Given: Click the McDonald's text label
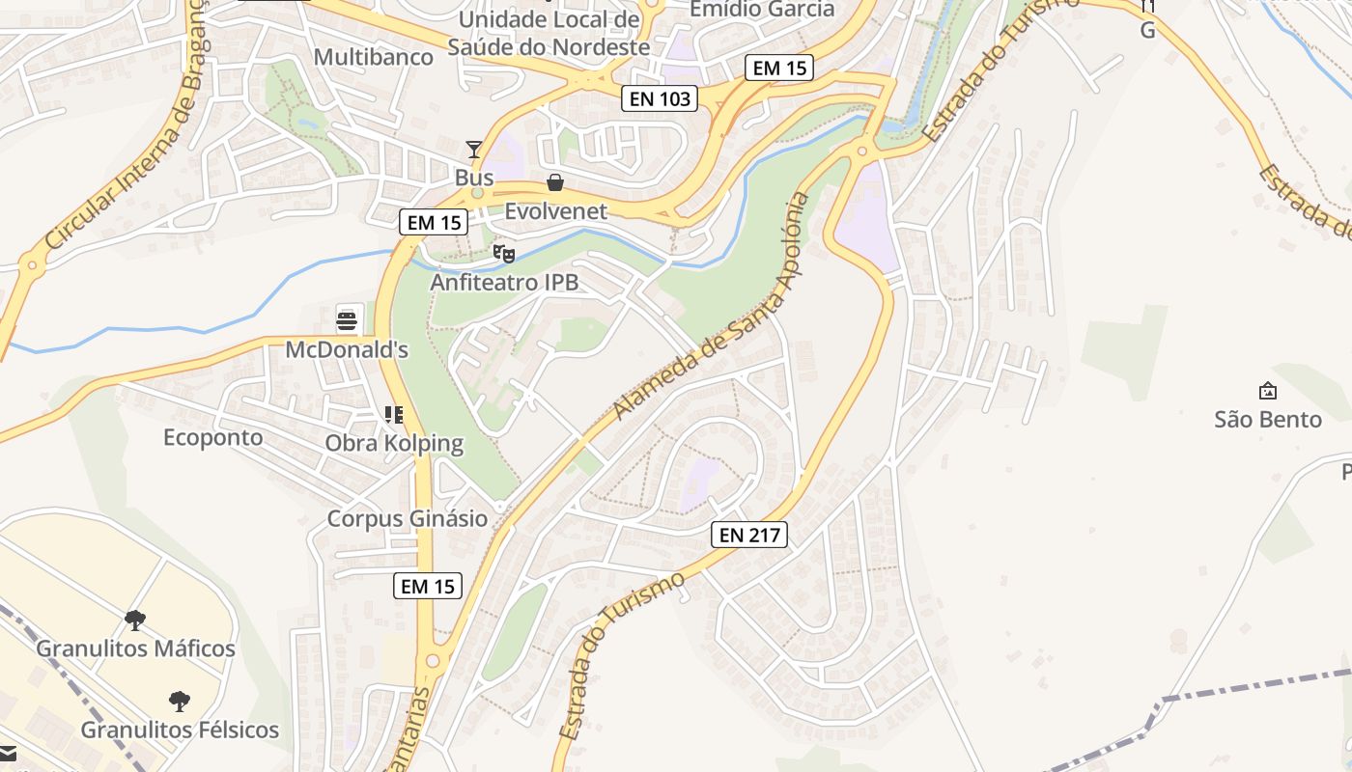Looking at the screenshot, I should click(x=347, y=349).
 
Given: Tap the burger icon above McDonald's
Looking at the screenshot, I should click(x=348, y=319).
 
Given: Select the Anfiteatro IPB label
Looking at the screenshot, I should click(x=504, y=283).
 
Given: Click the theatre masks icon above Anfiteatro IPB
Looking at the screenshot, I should click(x=503, y=254).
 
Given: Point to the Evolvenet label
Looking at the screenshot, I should click(x=555, y=211).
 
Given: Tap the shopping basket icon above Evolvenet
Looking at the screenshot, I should click(x=555, y=182).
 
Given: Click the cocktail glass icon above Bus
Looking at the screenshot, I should click(x=474, y=149).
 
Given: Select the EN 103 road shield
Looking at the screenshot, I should click(x=659, y=97).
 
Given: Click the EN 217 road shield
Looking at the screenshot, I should click(x=749, y=535).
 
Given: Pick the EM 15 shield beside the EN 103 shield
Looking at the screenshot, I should click(x=779, y=68).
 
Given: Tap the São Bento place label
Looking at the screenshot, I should click(x=1267, y=420).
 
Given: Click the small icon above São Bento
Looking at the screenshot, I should click(x=1267, y=391).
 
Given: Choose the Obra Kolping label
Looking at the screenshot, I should click(x=394, y=445).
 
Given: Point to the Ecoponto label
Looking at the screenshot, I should click(x=212, y=437).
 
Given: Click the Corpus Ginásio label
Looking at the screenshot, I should click(x=408, y=518).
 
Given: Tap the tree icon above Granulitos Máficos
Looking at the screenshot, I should click(x=135, y=620).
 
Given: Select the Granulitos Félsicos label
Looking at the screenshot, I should click(x=180, y=730).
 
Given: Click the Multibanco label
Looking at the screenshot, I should click(x=374, y=57).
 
